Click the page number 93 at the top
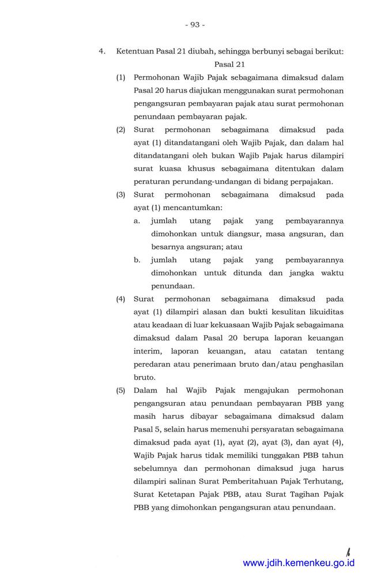click(194, 25)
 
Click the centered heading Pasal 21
click(229, 64)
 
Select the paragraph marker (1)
click(121, 77)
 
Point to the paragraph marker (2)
click(121, 130)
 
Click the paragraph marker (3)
click(121, 196)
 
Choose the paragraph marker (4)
click(121, 299)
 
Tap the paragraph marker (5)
click(121, 391)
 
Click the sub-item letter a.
click(137, 221)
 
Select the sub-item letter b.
click(137, 260)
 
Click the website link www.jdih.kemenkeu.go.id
click(299, 563)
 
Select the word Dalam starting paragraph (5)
click(145, 391)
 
